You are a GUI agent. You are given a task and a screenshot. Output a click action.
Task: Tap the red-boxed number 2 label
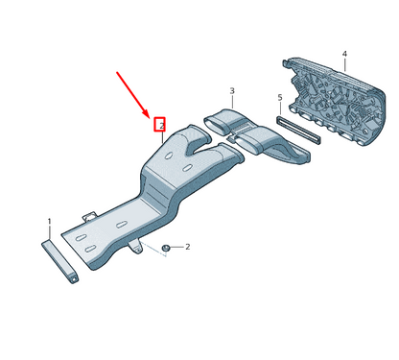tap(162, 125)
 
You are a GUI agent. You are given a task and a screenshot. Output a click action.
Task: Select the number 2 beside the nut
tap(187, 247)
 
